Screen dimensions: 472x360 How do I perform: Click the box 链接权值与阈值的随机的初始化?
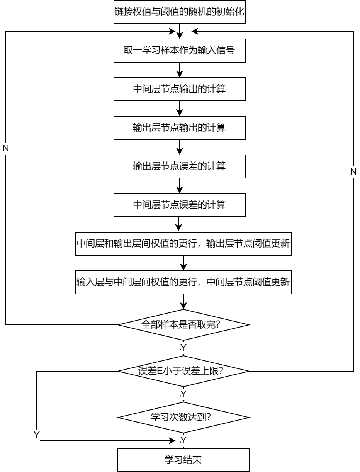[x=179, y=12]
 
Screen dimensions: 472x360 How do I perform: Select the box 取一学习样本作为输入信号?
[x=179, y=51]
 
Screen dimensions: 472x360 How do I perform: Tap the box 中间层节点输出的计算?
[x=179, y=89]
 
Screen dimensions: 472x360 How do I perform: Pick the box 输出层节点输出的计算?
[x=179, y=128]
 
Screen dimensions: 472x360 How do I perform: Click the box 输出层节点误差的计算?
[x=179, y=166]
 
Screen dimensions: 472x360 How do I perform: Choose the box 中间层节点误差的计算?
[x=179, y=205]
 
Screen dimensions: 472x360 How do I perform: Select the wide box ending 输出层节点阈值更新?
[x=183, y=244]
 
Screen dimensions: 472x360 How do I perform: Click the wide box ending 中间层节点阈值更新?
[x=183, y=282]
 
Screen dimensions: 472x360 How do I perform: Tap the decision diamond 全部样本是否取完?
[x=183, y=325]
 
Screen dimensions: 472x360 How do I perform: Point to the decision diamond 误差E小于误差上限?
[x=183, y=371]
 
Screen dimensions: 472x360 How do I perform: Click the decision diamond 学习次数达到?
[x=183, y=418]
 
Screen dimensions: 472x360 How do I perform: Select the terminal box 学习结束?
[x=183, y=460]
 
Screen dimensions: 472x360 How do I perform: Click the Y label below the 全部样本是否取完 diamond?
[x=183, y=348]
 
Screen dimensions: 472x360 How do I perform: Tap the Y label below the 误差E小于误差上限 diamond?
[x=183, y=394]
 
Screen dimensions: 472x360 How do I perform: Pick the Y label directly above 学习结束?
[x=183, y=441]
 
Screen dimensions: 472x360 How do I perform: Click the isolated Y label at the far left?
[x=37, y=436]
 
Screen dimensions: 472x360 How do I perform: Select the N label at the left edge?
[x=6, y=149]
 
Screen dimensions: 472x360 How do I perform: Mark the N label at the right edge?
[x=353, y=172]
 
